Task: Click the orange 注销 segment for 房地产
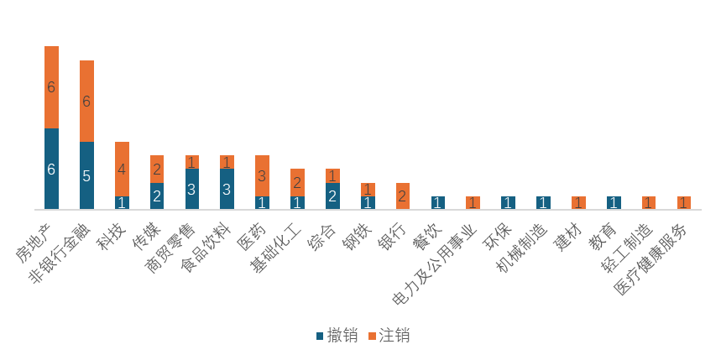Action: pyautogui.click(x=51, y=87)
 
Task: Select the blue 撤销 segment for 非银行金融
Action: pyautogui.click(x=86, y=175)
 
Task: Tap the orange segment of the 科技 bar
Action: pyautogui.click(x=122, y=169)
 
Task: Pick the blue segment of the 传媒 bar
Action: pyautogui.click(x=157, y=196)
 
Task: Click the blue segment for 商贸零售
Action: pyautogui.click(x=192, y=189)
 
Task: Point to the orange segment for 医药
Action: pyautogui.click(x=262, y=175)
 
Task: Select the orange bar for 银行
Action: pyautogui.click(x=403, y=196)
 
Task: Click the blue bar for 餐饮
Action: pyautogui.click(x=438, y=202)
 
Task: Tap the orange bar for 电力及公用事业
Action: pyautogui.click(x=473, y=202)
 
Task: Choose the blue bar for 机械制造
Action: pyautogui.click(x=544, y=202)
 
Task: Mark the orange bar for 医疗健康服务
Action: pyautogui.click(x=684, y=202)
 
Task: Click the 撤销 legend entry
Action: pyautogui.click(x=337, y=337)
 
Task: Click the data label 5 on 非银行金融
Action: pyautogui.click(x=86, y=175)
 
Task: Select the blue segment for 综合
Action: pyautogui.click(x=332, y=196)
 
